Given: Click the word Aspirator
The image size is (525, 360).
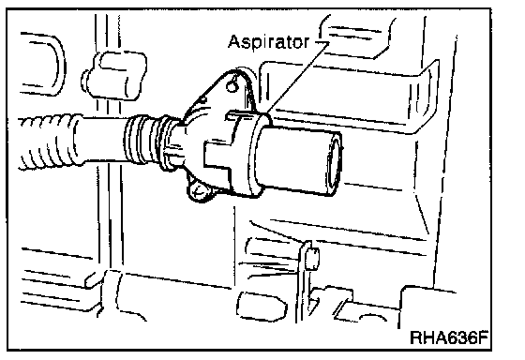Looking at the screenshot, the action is point(268,42).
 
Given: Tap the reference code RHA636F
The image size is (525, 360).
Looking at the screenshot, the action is point(449,337).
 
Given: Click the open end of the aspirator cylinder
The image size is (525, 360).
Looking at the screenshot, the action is point(335,163).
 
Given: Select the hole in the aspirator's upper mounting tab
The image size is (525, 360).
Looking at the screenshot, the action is point(232,85).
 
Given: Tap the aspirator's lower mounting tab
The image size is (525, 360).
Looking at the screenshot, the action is point(198,191).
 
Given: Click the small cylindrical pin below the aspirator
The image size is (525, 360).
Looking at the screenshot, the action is point(312,259).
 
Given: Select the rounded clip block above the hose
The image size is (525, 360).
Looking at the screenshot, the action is point(113,75).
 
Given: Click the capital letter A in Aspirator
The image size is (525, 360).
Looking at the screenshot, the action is point(234,41).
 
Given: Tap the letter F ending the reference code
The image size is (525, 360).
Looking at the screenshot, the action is point(482,337).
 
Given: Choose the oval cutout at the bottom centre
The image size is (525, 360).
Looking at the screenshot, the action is point(262,306).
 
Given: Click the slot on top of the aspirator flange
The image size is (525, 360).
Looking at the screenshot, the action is point(242,114).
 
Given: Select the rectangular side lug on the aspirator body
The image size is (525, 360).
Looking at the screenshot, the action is point(217,155).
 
